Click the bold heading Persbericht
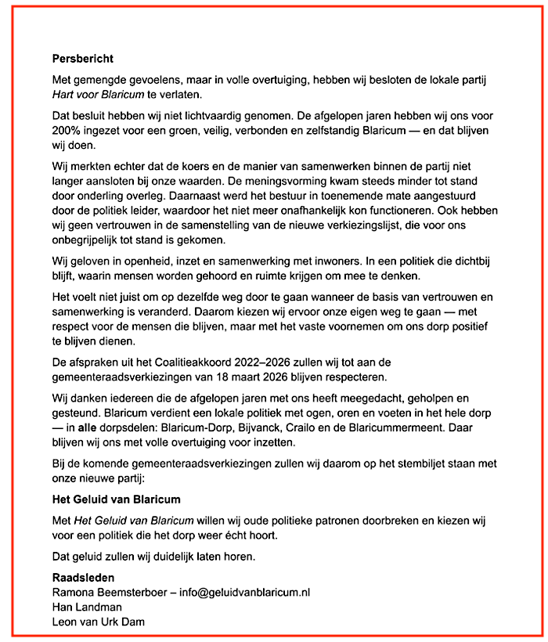(82, 58)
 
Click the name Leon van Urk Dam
(98, 622)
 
